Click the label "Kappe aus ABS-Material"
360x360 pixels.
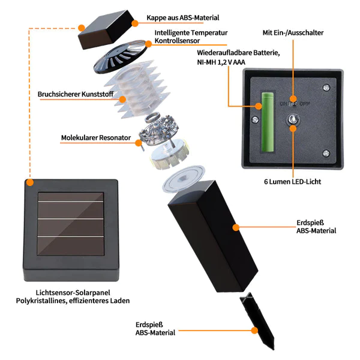tap(183, 17)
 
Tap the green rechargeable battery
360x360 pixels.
tap(268, 122)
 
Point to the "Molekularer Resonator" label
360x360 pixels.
tap(96, 138)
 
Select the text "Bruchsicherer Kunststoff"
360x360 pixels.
tap(76, 94)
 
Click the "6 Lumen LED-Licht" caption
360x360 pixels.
tap(293, 182)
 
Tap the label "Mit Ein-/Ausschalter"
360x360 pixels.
tap(293, 32)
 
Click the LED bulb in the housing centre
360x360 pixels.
tap(293, 119)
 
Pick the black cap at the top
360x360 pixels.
tap(106, 29)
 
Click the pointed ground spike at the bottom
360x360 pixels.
tap(257, 321)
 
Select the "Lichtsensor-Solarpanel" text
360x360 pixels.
tap(73, 293)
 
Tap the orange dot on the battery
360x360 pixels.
tap(259, 106)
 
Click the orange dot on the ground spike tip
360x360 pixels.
tap(254, 331)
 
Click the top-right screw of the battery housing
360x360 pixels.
tap(326, 88)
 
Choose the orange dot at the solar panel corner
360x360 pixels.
tap(29, 182)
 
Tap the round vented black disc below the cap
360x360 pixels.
tap(121, 56)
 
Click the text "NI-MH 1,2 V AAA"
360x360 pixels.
tap(221, 62)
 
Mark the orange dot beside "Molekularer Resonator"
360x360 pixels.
tap(139, 143)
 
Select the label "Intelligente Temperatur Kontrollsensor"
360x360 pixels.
tap(191, 37)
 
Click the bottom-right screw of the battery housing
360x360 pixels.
tap(326, 153)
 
